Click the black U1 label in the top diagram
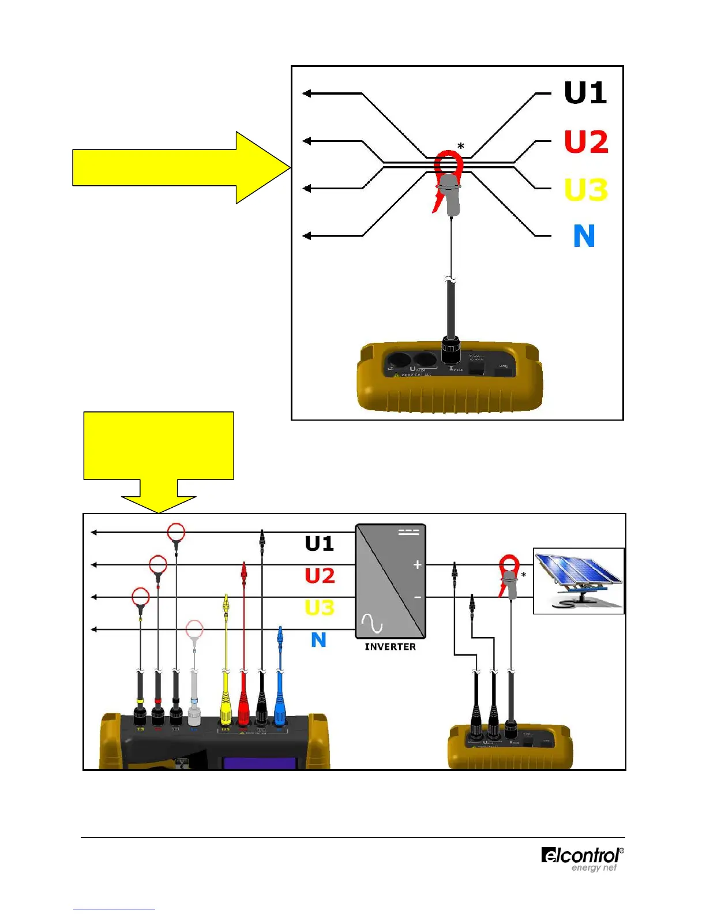[x=585, y=93]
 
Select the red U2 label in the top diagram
[x=586, y=141]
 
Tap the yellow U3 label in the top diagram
[x=586, y=189]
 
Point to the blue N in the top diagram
[x=584, y=236]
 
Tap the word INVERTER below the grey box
[x=390, y=647]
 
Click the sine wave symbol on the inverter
[x=372, y=623]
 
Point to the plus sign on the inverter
[x=417, y=565]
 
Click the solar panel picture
[x=579, y=580]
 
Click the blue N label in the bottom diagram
[x=318, y=640]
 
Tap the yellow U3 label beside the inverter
[x=320, y=608]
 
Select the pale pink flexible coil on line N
[x=194, y=629]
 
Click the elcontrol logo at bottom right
[x=582, y=859]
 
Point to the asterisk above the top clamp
[x=461, y=147]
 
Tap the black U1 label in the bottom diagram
[x=320, y=544]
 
